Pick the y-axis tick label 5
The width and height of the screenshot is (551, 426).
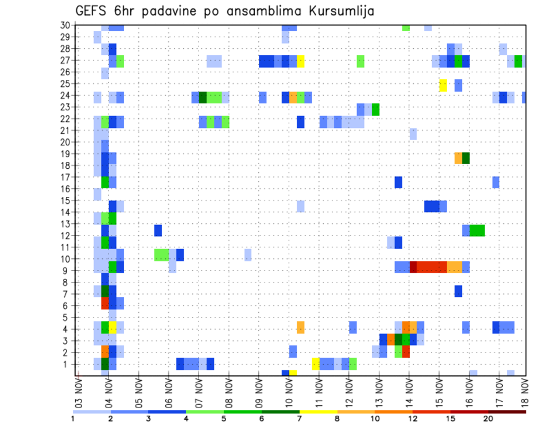(x=67, y=317)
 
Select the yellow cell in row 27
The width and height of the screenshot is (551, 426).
(x=300, y=61)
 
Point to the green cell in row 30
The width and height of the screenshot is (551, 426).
(x=406, y=27)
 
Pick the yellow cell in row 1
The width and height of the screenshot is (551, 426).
(x=316, y=363)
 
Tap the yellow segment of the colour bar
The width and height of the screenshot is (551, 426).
(x=318, y=412)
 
